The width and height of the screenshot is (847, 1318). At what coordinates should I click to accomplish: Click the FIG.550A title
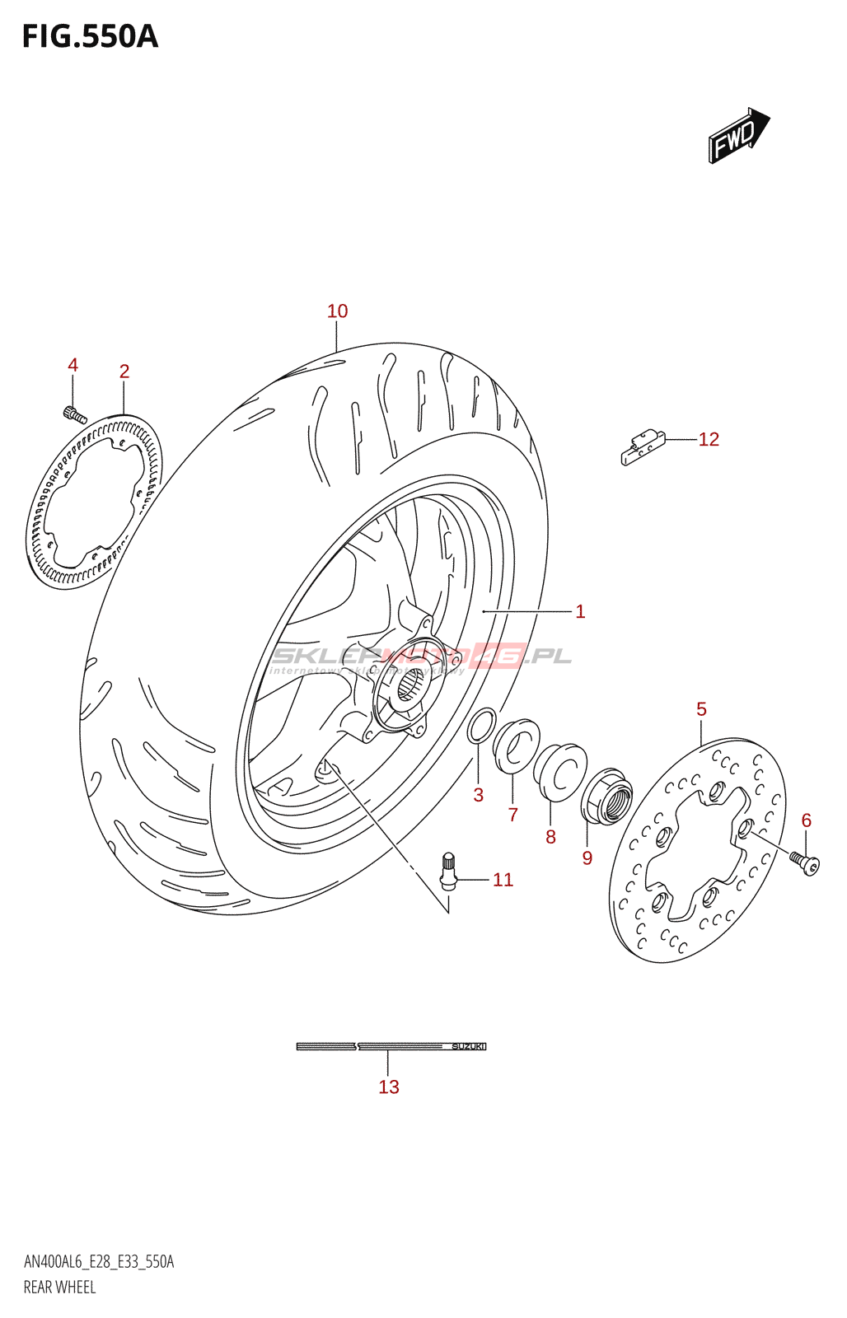pyautogui.click(x=90, y=37)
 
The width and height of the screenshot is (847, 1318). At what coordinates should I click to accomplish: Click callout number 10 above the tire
pyautogui.click(x=337, y=311)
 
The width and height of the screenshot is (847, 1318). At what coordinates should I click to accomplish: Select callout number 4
pyautogui.click(x=73, y=365)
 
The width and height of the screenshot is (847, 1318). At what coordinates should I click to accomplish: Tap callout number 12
pyautogui.click(x=709, y=440)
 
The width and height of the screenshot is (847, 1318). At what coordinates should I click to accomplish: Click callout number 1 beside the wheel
pyautogui.click(x=580, y=611)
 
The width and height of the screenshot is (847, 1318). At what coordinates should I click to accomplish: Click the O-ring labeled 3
pyautogui.click(x=481, y=725)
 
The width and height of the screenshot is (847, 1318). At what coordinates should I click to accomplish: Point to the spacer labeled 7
pyautogui.click(x=517, y=747)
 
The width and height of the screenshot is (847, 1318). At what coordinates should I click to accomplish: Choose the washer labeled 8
pyautogui.click(x=560, y=771)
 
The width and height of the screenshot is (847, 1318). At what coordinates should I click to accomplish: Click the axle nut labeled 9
pyautogui.click(x=606, y=796)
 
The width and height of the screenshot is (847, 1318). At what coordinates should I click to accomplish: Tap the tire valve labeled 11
pyautogui.click(x=448, y=871)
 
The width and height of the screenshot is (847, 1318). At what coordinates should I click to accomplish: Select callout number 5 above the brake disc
pyautogui.click(x=701, y=709)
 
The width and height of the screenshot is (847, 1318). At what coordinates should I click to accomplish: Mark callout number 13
pyautogui.click(x=389, y=1087)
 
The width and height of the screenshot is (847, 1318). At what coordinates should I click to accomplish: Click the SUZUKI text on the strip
pyautogui.click(x=467, y=1046)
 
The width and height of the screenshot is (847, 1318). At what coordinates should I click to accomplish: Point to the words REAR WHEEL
pyautogui.click(x=59, y=1287)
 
